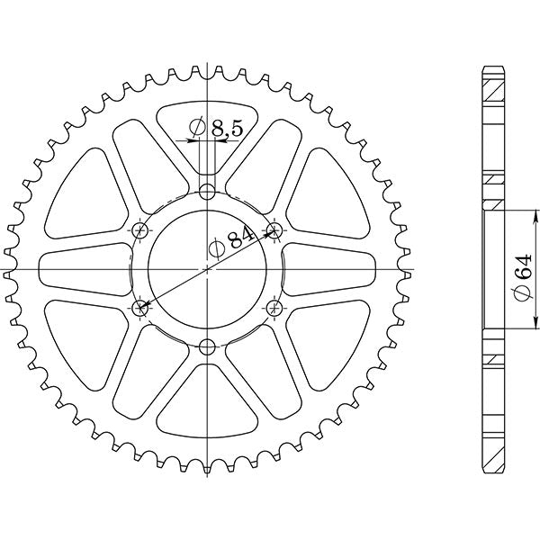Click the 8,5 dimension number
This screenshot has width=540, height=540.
click(x=227, y=129)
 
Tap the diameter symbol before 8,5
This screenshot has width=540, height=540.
click(x=200, y=130)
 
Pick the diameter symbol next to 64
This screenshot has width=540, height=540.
click(x=523, y=292)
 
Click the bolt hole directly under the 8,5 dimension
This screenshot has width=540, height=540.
click(x=208, y=191)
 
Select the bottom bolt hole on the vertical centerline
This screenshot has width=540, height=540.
click(x=208, y=347)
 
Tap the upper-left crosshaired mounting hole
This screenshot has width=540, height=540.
click(x=140, y=229)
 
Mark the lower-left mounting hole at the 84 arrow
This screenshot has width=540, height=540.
click(x=140, y=309)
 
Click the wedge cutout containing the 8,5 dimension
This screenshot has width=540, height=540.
click(x=208, y=135)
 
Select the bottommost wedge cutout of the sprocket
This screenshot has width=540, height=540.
click(x=208, y=405)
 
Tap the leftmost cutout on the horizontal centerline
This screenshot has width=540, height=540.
click(x=81, y=269)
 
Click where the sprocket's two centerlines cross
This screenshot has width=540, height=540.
click(x=208, y=269)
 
